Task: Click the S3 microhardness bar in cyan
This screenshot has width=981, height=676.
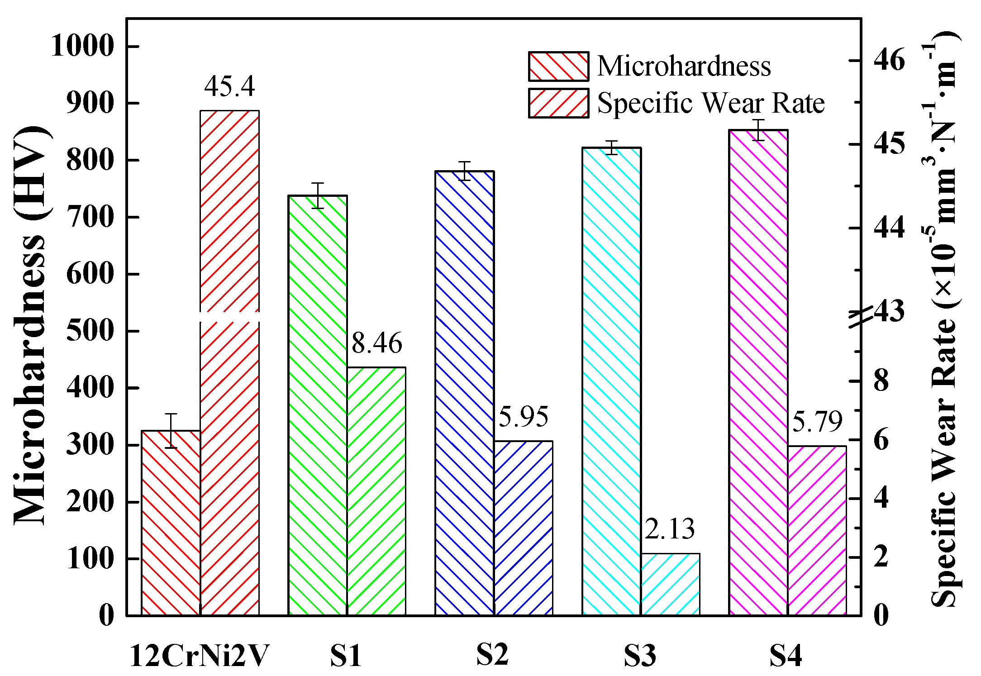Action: (x=611, y=381)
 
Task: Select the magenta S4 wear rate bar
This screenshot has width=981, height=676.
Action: (x=817, y=530)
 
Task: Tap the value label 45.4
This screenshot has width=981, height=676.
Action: (x=229, y=86)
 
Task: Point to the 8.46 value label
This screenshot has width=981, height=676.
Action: (x=376, y=343)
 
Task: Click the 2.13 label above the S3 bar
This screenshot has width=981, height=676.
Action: (x=669, y=528)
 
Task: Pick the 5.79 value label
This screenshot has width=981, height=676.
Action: (x=817, y=422)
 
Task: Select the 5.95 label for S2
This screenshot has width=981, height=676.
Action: (x=523, y=417)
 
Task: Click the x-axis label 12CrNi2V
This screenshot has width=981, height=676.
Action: (x=200, y=656)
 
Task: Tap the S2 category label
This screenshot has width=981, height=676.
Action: (x=492, y=655)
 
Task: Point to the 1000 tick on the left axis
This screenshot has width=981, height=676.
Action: (x=82, y=46)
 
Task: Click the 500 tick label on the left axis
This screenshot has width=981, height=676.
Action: (x=90, y=331)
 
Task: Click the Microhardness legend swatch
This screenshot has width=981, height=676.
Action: (x=558, y=67)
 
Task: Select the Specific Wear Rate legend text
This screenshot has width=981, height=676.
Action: (x=711, y=103)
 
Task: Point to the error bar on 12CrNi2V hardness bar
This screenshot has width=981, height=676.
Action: (x=171, y=431)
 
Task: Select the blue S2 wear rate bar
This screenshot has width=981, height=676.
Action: (x=523, y=528)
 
